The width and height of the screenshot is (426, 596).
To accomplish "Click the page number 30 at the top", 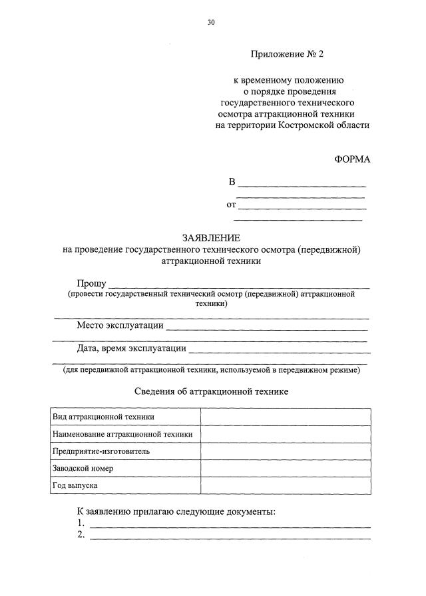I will point(211,23).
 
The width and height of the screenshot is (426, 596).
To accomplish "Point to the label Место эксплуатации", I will point(120,326).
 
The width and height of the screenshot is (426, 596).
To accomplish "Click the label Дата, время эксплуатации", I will point(131,347).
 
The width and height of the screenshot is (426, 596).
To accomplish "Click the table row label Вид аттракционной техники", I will point(104,417).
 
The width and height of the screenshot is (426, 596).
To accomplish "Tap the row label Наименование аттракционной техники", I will point(123,434).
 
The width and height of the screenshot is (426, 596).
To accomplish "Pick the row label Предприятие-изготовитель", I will point(101,451).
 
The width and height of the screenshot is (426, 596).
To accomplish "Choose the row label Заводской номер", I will point(83,469).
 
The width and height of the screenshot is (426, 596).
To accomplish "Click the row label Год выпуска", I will point(75,486).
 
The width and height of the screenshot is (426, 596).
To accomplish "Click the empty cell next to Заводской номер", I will point(285,469).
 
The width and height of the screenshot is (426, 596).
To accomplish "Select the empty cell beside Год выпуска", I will point(285,486).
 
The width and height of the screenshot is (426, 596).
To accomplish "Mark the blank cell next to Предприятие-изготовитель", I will point(285,451).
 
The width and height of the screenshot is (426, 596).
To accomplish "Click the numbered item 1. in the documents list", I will point(81,523).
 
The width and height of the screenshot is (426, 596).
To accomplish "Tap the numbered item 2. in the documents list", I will point(81,535).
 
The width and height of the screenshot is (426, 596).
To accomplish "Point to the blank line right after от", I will point(302,207).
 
